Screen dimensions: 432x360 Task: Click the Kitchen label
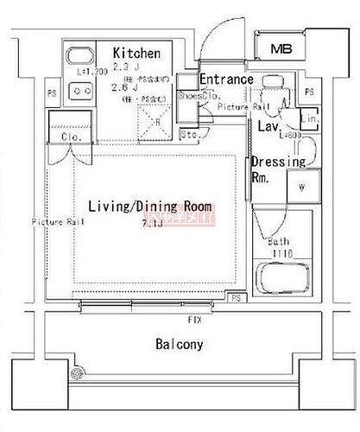[x=136, y=52]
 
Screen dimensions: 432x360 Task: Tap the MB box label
[x=281, y=48]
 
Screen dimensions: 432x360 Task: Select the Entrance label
[x=226, y=79]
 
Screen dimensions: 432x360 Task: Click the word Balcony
[x=180, y=344]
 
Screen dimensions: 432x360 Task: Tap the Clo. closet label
[x=72, y=137]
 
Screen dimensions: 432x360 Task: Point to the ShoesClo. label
[x=196, y=96]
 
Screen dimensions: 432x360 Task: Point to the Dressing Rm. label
[x=278, y=168]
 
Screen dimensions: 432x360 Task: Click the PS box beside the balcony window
[x=236, y=298]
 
